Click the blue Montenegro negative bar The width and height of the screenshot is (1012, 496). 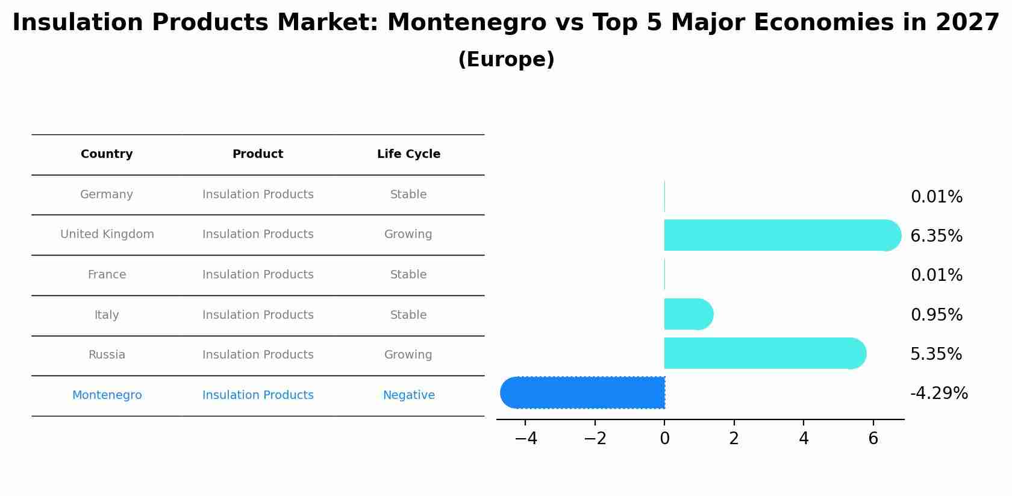[x=583, y=392]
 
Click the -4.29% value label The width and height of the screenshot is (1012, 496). [x=939, y=394]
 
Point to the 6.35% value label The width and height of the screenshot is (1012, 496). [x=936, y=236]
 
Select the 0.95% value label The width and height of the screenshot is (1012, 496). [x=936, y=315]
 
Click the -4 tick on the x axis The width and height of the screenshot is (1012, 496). [x=525, y=439]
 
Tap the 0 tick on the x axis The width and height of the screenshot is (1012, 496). [x=664, y=439]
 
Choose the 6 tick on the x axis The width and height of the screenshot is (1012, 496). [x=873, y=439]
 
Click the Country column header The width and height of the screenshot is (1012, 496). [x=107, y=154]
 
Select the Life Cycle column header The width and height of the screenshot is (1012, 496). [x=408, y=154]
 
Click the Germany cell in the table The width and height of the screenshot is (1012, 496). [x=107, y=195]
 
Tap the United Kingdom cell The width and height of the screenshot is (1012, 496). [x=107, y=234]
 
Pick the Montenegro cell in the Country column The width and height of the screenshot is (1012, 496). [x=107, y=395]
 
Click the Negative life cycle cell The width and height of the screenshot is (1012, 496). [x=408, y=395]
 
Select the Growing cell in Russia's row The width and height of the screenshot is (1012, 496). [x=408, y=355]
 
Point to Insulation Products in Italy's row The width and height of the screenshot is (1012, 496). [x=258, y=315]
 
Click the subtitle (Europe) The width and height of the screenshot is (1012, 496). [x=506, y=60]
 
